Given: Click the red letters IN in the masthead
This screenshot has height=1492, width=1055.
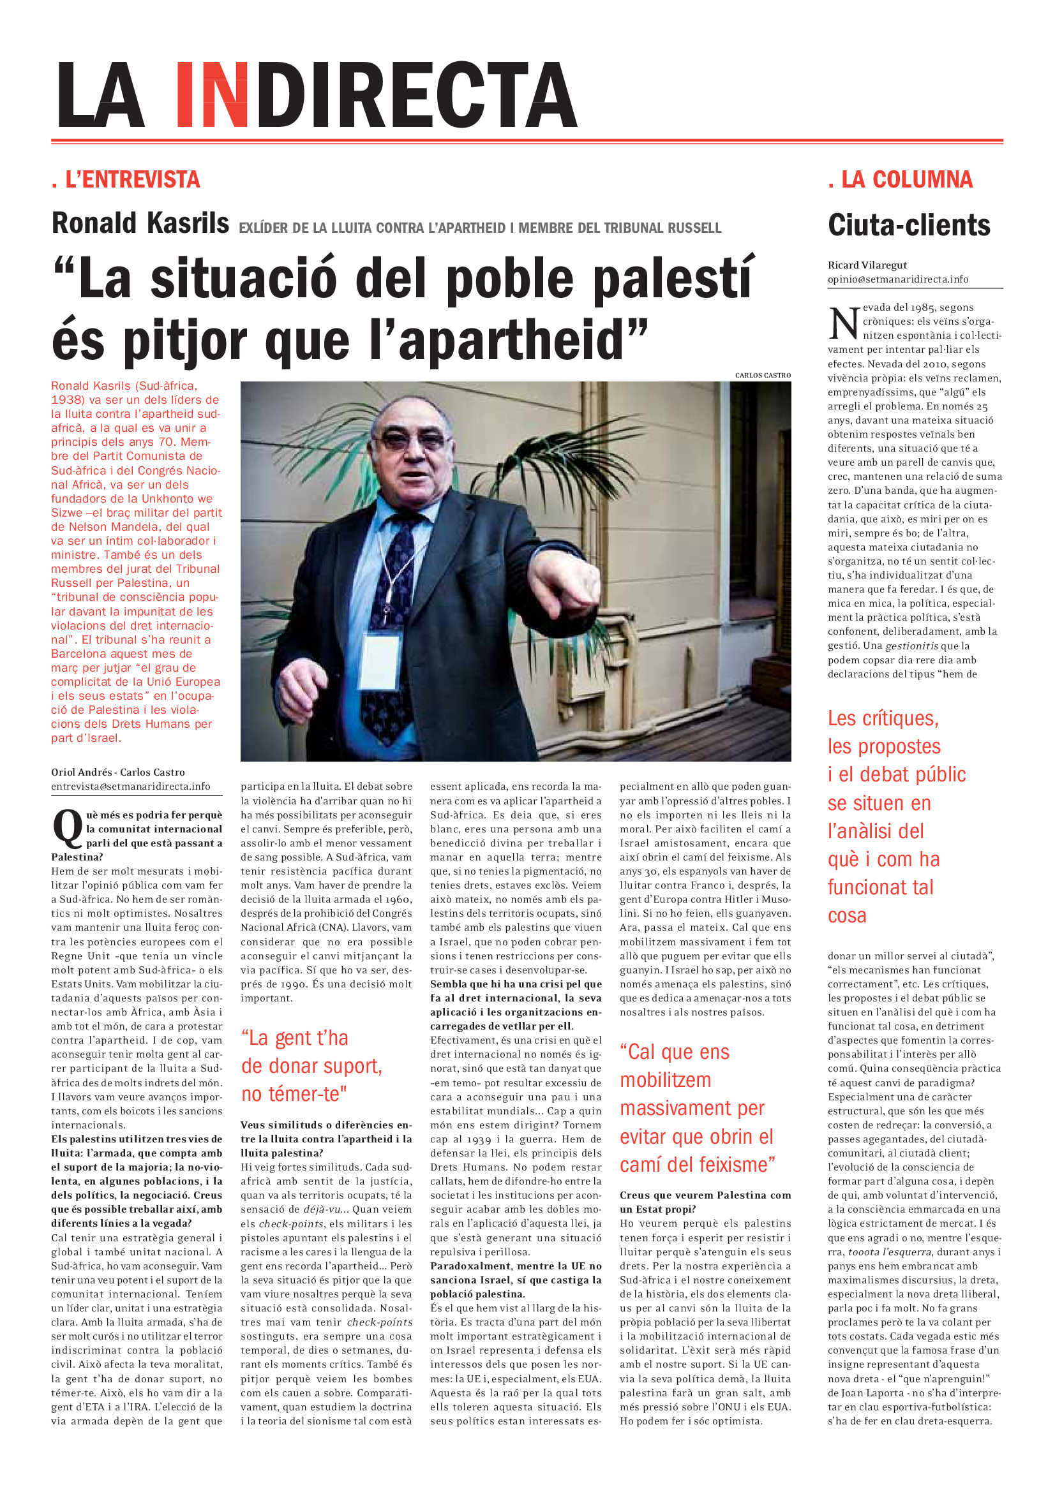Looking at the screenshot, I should tap(211, 95).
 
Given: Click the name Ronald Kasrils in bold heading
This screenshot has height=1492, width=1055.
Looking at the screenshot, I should tap(140, 223).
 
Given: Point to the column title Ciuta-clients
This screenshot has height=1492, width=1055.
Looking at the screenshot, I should tap(909, 225).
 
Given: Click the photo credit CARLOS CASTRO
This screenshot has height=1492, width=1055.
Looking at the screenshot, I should tap(763, 376).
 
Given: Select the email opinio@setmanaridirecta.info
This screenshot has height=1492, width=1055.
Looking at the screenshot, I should tap(898, 279).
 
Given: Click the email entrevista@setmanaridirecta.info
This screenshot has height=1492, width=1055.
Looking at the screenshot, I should tap(131, 787).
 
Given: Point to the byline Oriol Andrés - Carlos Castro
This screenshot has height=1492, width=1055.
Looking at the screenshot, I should tap(117, 772).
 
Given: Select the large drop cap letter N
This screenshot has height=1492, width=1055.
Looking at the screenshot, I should tap(844, 322).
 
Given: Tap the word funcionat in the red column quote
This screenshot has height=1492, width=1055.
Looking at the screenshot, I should tap(880, 887).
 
